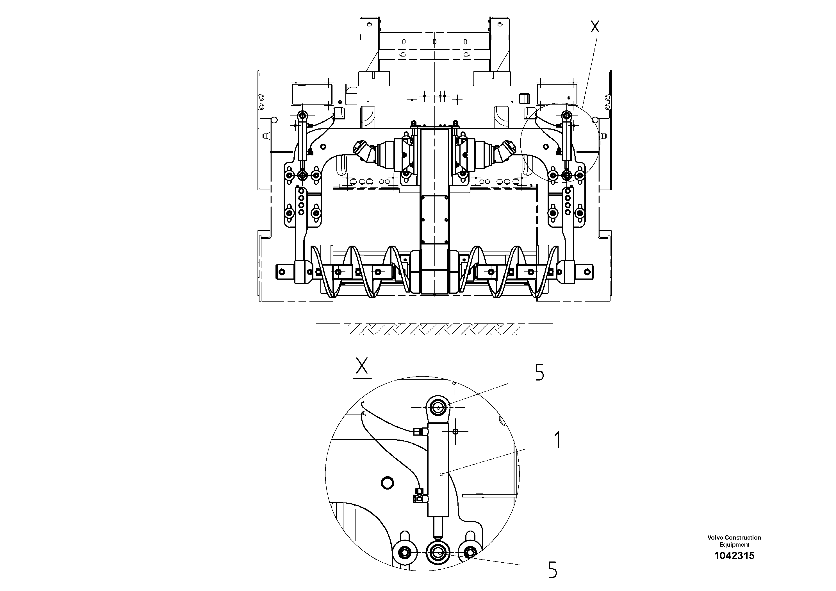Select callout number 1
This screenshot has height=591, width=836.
tap(557, 440)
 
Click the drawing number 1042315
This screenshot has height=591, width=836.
tap(734, 556)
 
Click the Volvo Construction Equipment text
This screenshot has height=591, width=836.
tap(734, 541)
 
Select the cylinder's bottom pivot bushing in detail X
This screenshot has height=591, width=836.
tap(438, 553)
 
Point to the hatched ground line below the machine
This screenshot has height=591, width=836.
tap(433, 328)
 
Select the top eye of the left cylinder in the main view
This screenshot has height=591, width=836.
tap(302, 116)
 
